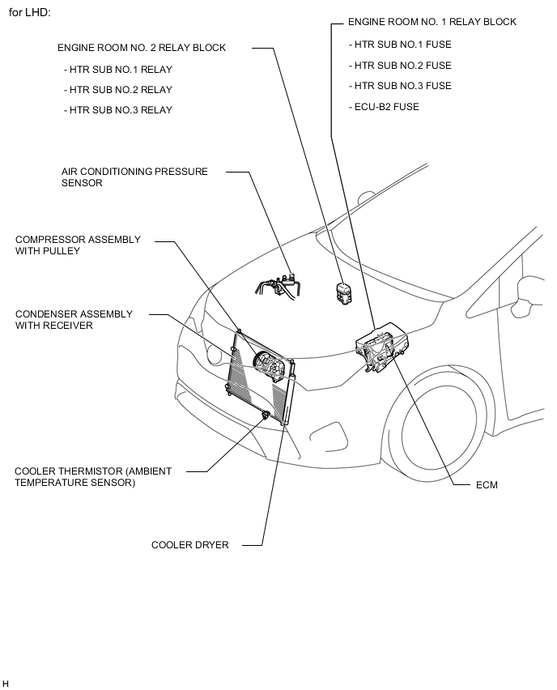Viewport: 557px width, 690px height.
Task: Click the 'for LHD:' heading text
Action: [30, 14]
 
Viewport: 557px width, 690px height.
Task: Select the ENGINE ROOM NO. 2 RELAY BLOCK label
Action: [142, 48]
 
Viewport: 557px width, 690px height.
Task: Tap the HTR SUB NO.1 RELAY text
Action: [118, 70]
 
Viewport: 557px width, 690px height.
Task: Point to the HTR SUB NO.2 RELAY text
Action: [118, 90]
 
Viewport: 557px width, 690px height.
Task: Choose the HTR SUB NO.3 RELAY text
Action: [118, 110]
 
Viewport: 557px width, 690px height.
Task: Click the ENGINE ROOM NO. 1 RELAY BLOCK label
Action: [432, 22]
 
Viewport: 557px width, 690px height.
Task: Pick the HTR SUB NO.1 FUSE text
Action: [400, 45]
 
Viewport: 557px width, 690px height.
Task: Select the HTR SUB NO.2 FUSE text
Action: [400, 66]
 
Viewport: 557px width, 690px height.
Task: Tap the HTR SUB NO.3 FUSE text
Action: [400, 86]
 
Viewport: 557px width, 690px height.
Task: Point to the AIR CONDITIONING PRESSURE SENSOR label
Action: [134, 177]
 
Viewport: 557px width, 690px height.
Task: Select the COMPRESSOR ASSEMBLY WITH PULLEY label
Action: [78, 245]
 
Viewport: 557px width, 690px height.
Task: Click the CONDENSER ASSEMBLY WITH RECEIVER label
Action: [74, 319]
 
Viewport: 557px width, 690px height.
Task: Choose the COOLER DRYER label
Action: [190, 545]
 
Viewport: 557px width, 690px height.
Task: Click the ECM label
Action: [487, 485]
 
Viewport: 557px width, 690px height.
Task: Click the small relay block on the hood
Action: [343, 293]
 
